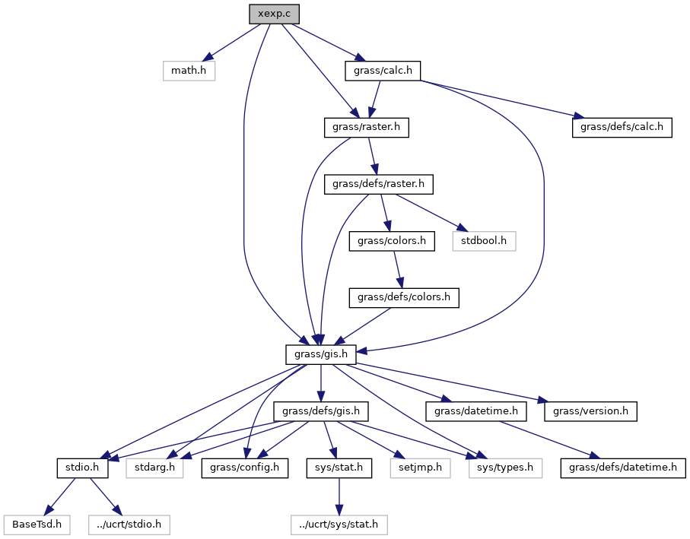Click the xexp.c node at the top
point(274,14)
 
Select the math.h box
point(189,71)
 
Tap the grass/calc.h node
point(383,71)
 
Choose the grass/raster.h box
point(367,128)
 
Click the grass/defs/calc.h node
point(622,128)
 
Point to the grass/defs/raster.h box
point(379,184)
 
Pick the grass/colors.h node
point(392,241)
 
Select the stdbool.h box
point(484,241)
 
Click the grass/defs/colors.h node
point(404,298)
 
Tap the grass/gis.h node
point(323,354)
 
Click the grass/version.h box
point(590,411)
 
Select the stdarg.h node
point(155,468)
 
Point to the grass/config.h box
point(245,468)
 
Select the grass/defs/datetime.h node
point(624,468)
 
